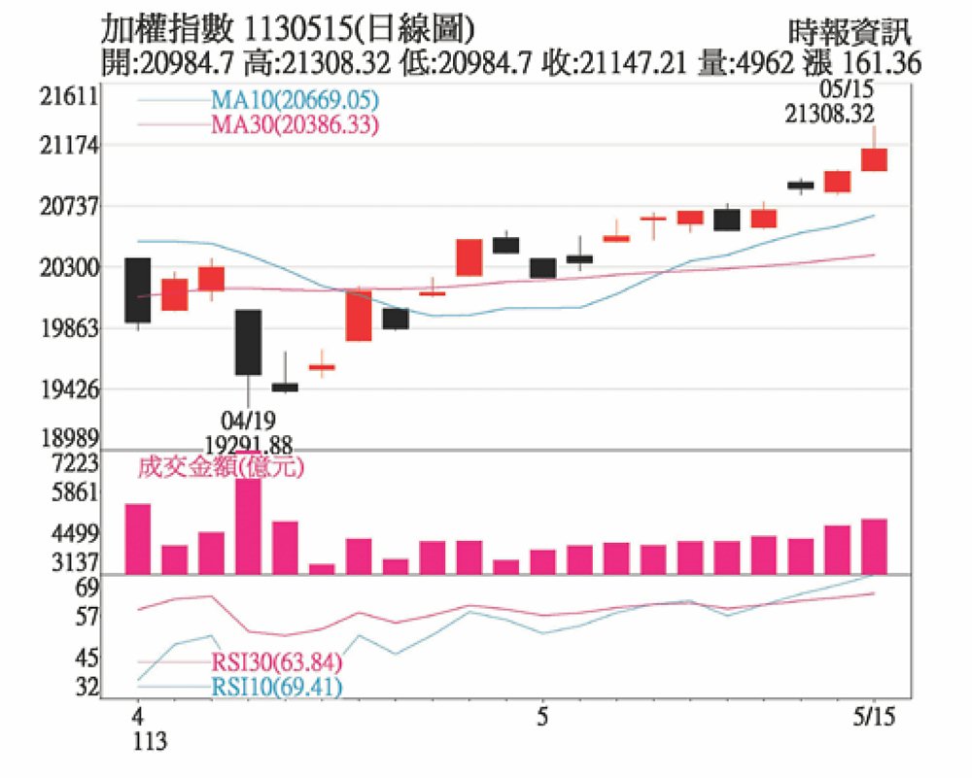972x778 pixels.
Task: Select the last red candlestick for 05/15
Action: pos(874,159)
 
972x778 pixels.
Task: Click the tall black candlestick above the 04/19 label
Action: pos(248,342)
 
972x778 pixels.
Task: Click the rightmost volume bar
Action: pos(874,546)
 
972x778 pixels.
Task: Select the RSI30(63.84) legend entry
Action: pos(276,664)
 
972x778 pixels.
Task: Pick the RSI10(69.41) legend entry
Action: pos(276,689)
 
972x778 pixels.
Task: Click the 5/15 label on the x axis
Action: pos(874,719)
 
